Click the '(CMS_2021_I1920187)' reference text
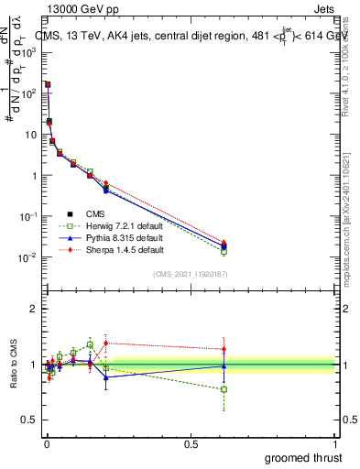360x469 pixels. point(191,273)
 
